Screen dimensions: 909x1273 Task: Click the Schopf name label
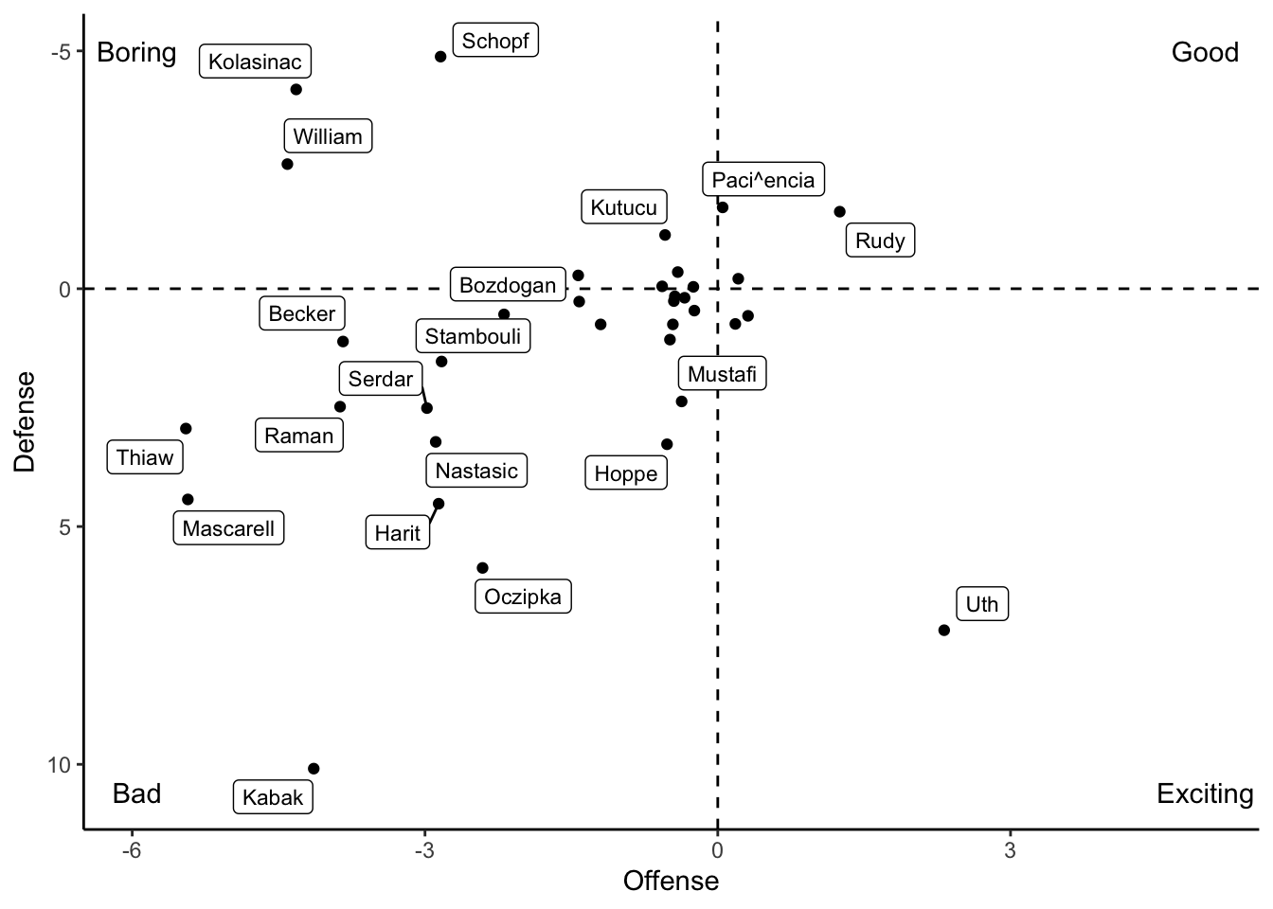495,41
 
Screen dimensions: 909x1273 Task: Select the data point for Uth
943,630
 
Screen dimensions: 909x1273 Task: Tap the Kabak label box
273,797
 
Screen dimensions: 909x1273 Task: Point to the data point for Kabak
314,769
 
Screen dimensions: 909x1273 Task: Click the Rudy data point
839,212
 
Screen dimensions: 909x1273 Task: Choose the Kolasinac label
255,62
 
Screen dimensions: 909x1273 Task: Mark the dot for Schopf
440,57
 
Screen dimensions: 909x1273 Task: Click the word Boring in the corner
136,52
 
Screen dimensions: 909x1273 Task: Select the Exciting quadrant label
1205,793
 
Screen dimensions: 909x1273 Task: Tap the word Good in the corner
1205,52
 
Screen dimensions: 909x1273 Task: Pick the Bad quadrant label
136,793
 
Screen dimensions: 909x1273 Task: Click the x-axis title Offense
671,882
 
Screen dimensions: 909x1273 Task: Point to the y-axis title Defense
25,421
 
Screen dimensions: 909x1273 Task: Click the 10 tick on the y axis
59,764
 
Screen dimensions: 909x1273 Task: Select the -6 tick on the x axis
132,850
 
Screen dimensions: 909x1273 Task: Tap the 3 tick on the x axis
1010,850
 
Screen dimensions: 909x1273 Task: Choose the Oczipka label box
523,597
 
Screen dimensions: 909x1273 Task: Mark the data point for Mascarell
188,499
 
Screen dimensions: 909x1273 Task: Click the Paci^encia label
763,180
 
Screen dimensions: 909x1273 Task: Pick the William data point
287,164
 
